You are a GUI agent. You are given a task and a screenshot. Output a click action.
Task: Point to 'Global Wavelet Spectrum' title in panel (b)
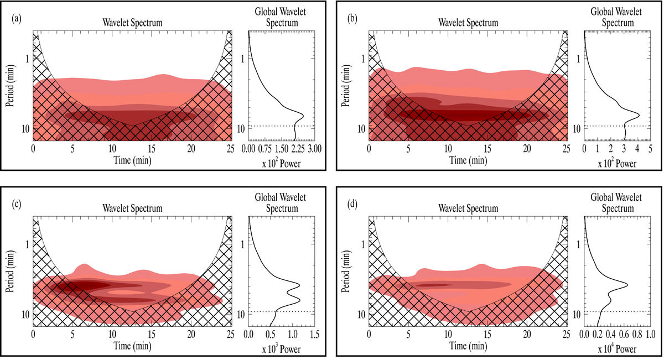(x=618, y=18)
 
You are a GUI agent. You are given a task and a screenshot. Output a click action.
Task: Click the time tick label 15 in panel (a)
(x=152, y=149)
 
